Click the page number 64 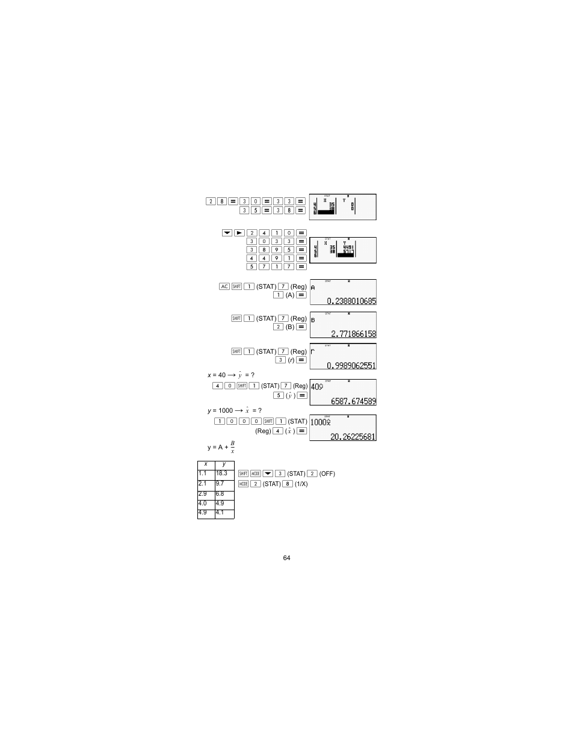coord(286,558)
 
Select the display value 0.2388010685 coord(351,301)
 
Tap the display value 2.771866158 coord(353,334)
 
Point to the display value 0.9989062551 coord(351,365)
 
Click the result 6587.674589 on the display coord(353,401)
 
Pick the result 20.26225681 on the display coord(353,437)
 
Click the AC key coord(224,286)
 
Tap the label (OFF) coord(327,474)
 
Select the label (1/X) coord(301,484)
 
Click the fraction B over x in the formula coord(232,447)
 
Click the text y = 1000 coord(220,410)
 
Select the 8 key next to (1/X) coord(288,484)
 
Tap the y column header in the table coord(224,464)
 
